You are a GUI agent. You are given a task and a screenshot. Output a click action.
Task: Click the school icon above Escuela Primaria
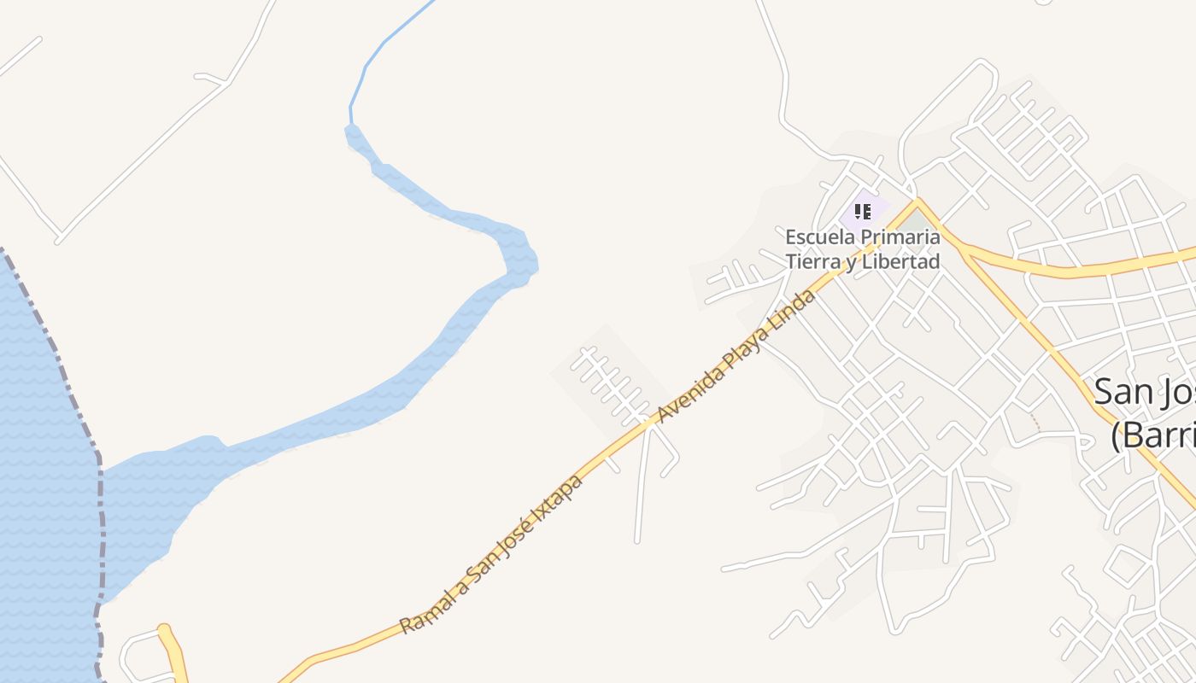coord(862,210)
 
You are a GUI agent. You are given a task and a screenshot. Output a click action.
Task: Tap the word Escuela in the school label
coord(816,236)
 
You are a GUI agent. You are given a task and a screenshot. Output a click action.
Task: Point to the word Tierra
coord(811,261)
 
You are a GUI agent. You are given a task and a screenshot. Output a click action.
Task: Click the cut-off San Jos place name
coord(1145,392)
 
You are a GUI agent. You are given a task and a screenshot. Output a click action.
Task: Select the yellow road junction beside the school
coord(918,203)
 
